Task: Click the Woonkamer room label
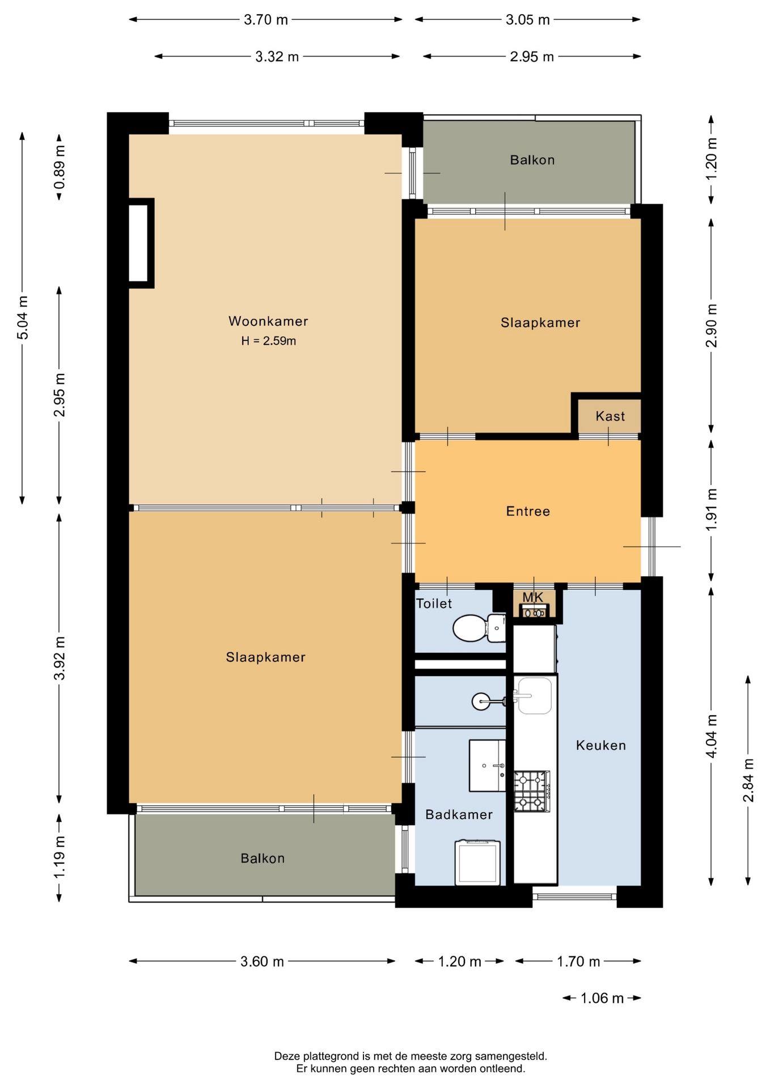tap(268, 321)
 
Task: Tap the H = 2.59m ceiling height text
tap(268, 341)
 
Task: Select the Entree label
tap(528, 512)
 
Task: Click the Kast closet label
tap(610, 416)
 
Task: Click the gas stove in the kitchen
tap(532, 791)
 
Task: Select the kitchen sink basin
tap(535, 695)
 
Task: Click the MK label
tap(533, 597)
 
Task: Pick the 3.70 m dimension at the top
tap(266, 20)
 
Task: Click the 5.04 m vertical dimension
tap(23, 318)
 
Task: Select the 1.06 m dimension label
tap(602, 998)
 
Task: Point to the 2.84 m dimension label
tap(748, 780)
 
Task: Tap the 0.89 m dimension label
tap(59, 167)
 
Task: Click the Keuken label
tap(601, 745)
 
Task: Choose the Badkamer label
tap(459, 814)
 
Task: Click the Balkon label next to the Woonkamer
tap(532, 160)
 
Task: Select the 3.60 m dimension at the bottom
tap(262, 961)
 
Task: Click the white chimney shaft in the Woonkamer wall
tap(138, 243)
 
